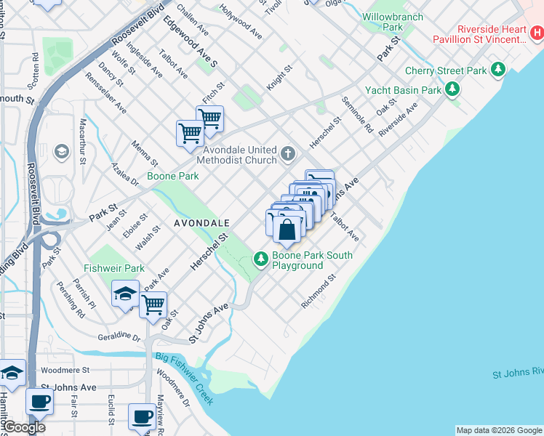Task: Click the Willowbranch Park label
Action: coord(382,21)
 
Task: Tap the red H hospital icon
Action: coord(535,33)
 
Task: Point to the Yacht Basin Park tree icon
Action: coord(452,90)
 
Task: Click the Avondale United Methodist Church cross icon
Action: coord(289,153)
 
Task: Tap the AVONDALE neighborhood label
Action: coord(201,222)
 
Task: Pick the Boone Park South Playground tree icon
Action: coord(261,258)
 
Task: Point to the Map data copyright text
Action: coord(499,430)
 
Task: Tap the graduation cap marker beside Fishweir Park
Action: coord(125,294)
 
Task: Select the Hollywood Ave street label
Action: coord(241,23)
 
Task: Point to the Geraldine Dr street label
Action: coord(119,337)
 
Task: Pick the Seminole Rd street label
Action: coord(357,116)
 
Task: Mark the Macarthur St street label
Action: coord(83,141)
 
